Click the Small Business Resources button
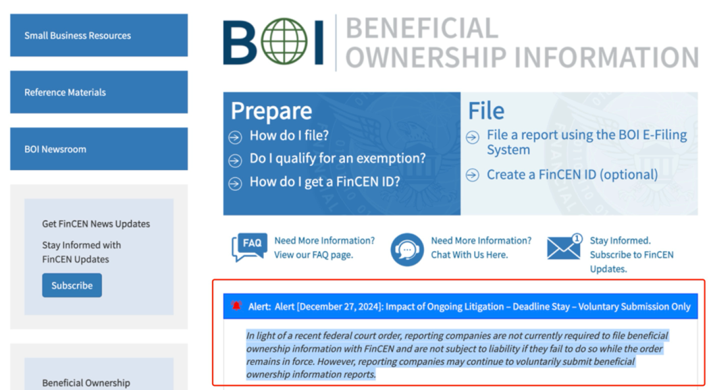(x=99, y=36)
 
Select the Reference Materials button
(x=99, y=92)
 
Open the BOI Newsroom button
(x=99, y=149)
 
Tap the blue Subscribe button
(x=72, y=285)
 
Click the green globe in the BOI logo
(x=284, y=41)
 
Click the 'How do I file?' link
(x=289, y=135)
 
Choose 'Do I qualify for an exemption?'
(x=337, y=158)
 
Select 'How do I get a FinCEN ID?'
(x=325, y=182)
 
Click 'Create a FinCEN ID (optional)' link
(x=572, y=175)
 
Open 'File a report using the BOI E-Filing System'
(x=587, y=142)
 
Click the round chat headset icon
(x=407, y=249)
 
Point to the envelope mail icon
(x=565, y=247)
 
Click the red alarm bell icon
(x=236, y=306)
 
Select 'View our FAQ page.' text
(x=313, y=255)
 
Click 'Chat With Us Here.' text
(x=469, y=255)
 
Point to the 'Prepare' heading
(x=271, y=111)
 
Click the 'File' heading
(x=486, y=110)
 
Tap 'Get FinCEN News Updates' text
(x=96, y=224)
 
